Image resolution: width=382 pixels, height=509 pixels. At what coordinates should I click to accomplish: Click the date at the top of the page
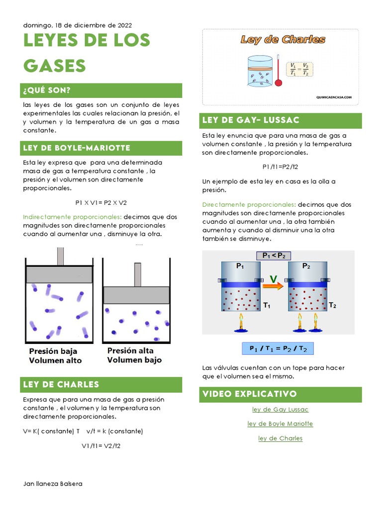(x=78, y=25)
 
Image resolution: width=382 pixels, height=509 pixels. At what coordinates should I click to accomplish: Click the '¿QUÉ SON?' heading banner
(x=102, y=90)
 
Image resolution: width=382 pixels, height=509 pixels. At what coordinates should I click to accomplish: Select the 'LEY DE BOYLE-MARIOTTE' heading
(x=102, y=148)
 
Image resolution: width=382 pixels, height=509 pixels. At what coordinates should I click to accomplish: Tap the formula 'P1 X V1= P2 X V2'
(x=101, y=202)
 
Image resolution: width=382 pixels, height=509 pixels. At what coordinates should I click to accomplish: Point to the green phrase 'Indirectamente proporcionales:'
(x=72, y=217)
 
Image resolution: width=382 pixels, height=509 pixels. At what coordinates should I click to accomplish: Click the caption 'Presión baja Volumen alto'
(x=55, y=356)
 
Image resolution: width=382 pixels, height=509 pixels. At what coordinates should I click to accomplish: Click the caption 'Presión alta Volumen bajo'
(x=134, y=355)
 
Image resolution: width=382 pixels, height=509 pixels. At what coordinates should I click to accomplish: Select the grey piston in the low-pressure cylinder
(x=59, y=274)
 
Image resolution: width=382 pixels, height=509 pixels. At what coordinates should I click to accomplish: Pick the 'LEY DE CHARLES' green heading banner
(x=102, y=384)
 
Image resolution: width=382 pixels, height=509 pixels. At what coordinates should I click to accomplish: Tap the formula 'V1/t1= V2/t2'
(x=101, y=445)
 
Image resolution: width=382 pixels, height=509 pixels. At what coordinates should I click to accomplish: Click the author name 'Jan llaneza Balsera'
(x=53, y=484)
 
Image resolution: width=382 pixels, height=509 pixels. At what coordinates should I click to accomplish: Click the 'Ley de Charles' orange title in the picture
(x=283, y=40)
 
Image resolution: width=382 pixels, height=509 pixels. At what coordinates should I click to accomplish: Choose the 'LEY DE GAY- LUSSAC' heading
(x=282, y=120)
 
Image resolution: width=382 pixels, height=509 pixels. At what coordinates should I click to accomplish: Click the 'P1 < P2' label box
(x=273, y=255)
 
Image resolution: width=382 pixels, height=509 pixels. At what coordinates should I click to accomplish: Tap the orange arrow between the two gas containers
(x=274, y=285)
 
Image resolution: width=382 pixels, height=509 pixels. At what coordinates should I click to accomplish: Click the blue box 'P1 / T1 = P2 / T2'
(x=278, y=348)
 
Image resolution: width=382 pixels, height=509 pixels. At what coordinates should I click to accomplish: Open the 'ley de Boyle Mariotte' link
(x=280, y=424)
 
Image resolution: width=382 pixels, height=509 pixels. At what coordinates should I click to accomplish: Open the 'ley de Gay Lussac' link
(x=280, y=410)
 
